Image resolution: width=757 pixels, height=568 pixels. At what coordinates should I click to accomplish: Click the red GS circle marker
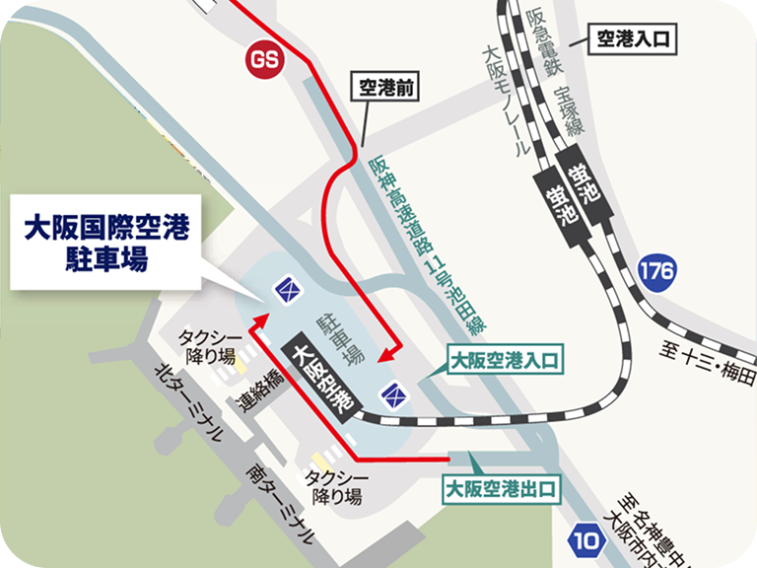coord(264,60)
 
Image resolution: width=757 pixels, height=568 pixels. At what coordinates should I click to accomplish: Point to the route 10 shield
coord(588,539)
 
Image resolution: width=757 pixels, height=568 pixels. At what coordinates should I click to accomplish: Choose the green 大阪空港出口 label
coord(502,487)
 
